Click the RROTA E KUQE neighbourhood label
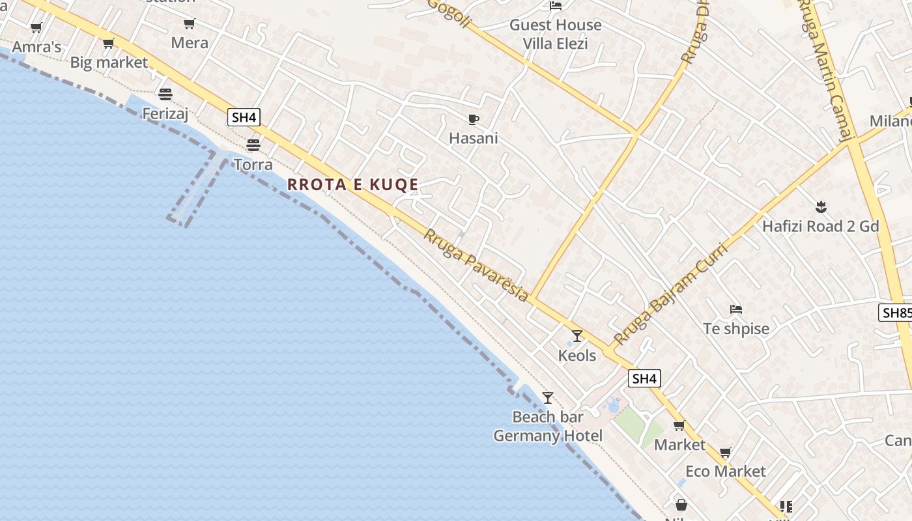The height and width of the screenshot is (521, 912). click(352, 184)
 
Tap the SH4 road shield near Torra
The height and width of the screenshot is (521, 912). click(244, 117)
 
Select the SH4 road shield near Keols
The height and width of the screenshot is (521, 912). click(644, 378)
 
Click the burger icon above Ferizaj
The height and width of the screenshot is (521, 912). click(165, 94)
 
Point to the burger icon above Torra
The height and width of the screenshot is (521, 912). click(253, 145)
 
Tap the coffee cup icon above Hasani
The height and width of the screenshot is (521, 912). click(474, 119)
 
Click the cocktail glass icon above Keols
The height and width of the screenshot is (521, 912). click(577, 336)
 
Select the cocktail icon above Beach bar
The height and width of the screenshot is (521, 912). click(548, 397)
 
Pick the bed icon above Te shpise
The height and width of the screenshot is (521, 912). click(736, 309)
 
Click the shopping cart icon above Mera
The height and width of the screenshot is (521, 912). click(189, 24)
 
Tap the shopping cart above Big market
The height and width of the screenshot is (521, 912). click(109, 44)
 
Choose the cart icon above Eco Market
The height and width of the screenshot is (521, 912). click(726, 452)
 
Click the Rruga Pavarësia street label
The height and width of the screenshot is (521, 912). click(476, 264)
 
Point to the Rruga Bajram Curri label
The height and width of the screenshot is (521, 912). click(670, 294)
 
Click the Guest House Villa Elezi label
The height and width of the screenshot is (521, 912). click(556, 35)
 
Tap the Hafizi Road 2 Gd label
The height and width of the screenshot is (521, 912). click(820, 227)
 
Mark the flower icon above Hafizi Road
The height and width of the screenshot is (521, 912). click(820, 207)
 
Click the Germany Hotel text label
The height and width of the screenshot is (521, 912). click(548, 436)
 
